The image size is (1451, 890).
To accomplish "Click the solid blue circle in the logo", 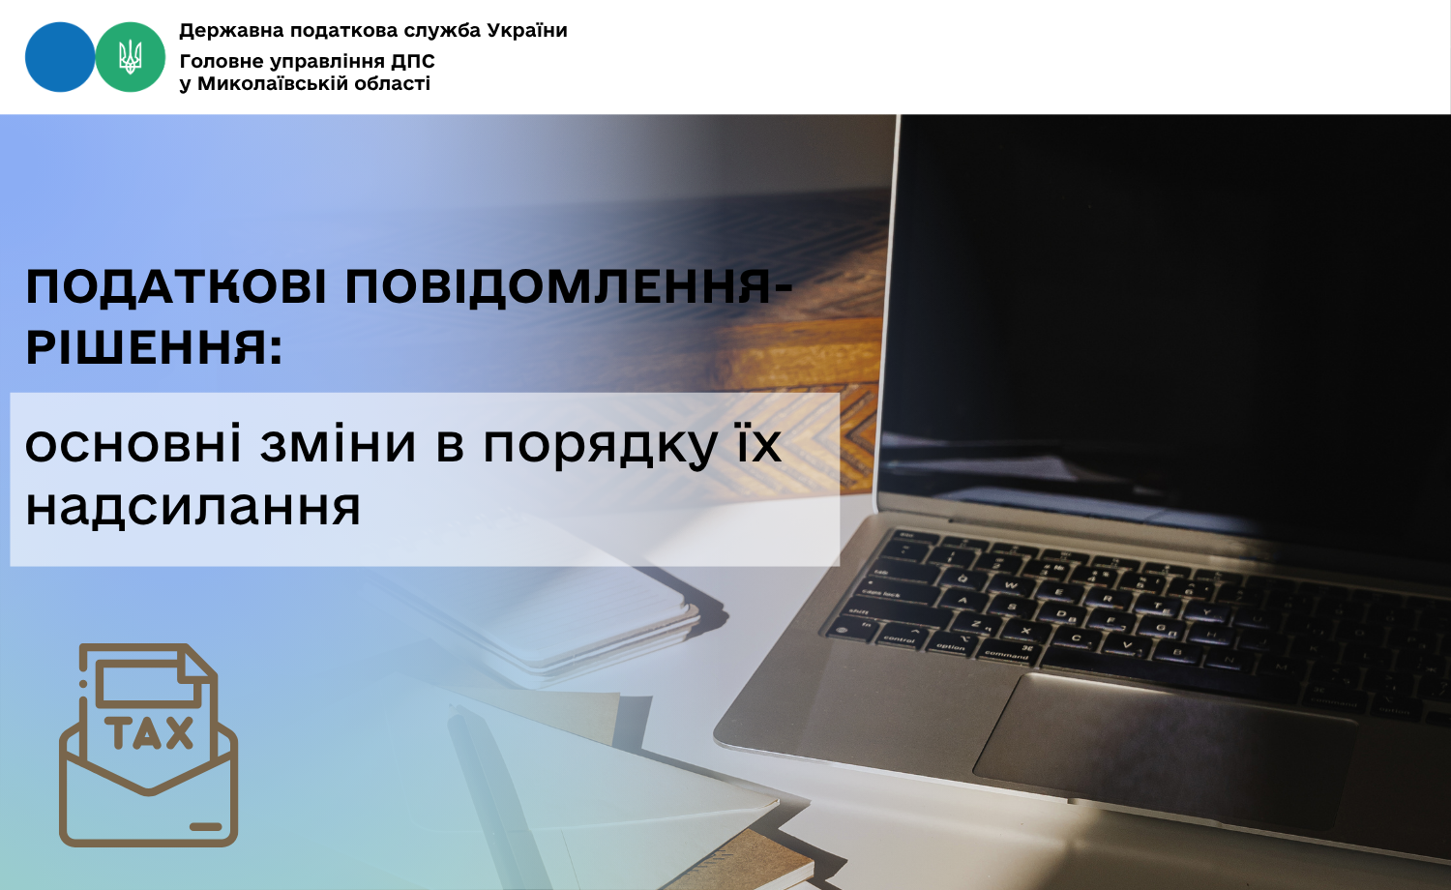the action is point(60,57).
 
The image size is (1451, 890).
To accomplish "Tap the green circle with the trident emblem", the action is point(131,57).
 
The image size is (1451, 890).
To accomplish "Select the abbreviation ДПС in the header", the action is point(413,62).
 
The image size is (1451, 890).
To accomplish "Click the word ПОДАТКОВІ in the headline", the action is point(176,286).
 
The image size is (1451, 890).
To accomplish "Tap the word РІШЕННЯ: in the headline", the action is point(154,347).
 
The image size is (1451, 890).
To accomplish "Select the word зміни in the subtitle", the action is point(338,445).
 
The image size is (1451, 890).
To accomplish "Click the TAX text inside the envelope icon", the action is point(150,732).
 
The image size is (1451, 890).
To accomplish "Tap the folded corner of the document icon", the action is point(197,662).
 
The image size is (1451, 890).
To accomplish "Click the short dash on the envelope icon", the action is point(205,826).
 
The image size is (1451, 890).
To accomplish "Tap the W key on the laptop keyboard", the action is point(1009,585).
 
